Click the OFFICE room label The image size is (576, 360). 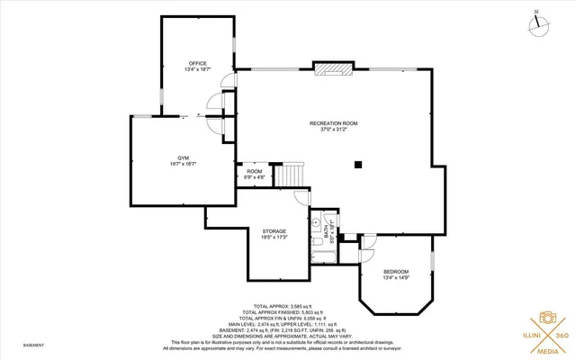point(198,63)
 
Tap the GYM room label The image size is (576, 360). point(184,157)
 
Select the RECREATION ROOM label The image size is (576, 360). point(334,122)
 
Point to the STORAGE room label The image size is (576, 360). point(274,231)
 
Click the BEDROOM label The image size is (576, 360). point(396,272)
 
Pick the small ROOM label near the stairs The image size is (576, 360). point(255,171)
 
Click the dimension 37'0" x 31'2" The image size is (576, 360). point(334,129)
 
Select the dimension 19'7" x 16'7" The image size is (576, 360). point(184,164)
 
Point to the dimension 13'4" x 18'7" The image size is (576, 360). point(198,69)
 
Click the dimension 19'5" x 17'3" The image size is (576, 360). point(274,238)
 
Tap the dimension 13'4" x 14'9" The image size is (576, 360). point(396,278)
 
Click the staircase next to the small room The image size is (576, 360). point(290,175)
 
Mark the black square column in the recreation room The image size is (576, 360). point(357,164)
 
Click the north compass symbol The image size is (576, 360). point(539,24)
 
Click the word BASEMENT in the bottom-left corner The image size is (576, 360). point(33,345)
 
